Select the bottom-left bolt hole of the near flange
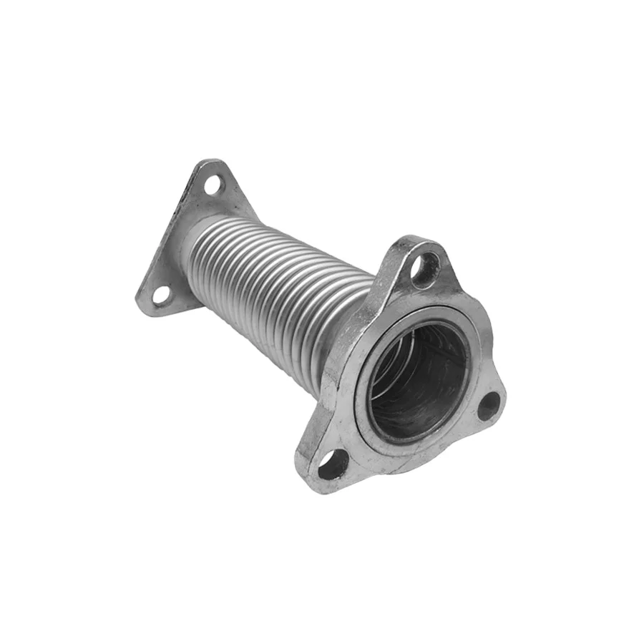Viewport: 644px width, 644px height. click(333, 466)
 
